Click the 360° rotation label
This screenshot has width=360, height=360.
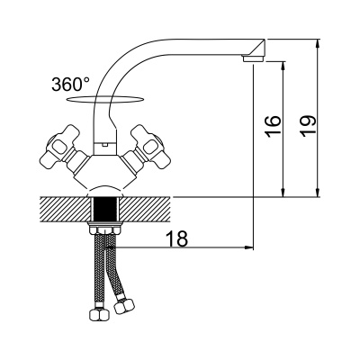click(x=70, y=85)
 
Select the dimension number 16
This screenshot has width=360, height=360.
click(x=274, y=126)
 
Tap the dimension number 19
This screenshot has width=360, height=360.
click(x=309, y=126)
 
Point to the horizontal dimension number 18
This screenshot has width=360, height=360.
click(x=177, y=238)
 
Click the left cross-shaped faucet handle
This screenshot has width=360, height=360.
click(x=60, y=147)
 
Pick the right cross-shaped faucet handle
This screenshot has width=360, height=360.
click(x=148, y=147)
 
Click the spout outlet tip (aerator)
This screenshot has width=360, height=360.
click(x=253, y=58)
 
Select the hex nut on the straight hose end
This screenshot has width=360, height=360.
click(x=100, y=314)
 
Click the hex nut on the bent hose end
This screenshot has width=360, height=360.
click(x=125, y=305)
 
